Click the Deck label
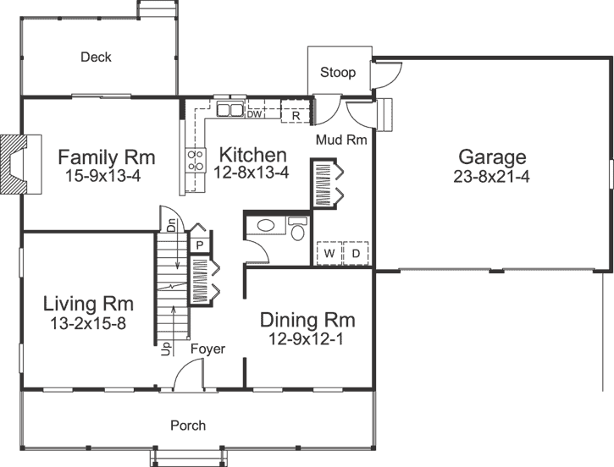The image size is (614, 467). [96, 58]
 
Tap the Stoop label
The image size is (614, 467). [337, 73]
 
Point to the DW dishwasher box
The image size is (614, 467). [254, 113]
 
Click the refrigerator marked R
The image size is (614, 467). [296, 113]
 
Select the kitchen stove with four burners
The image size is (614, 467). [196, 159]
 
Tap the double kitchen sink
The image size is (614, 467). [229, 109]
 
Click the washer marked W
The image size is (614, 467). [328, 253]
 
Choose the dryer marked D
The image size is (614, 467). [356, 253]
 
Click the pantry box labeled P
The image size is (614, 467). [200, 244]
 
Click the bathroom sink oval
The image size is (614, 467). [266, 226]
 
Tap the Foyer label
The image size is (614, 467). [207, 349]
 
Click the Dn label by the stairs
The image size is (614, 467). [170, 225]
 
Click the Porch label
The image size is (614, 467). [188, 425]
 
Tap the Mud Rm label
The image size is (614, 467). [340, 140]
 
